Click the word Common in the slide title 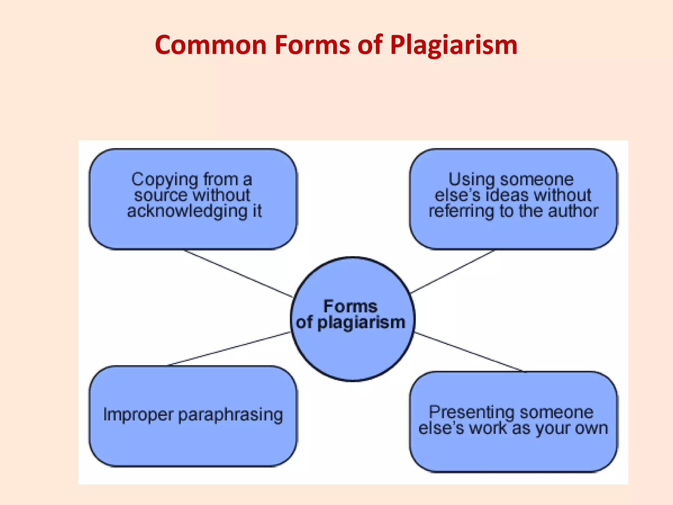(x=211, y=45)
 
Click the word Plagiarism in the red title (x=454, y=46)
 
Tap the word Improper (x=138, y=415)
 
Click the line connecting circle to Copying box (x=238, y=274)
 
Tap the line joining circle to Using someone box (x=453, y=271)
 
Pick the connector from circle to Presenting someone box (x=468, y=352)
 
